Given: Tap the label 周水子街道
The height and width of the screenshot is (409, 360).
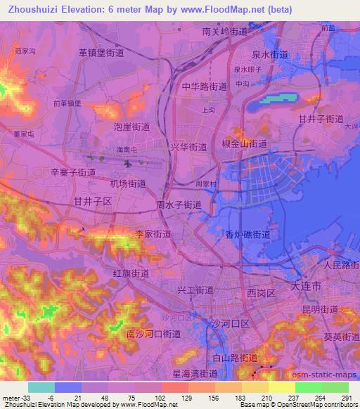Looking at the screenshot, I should tap(179, 205).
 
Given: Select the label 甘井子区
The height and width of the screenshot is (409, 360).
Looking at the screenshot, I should tap(93, 201).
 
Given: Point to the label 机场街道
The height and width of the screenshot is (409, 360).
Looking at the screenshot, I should tap(128, 183).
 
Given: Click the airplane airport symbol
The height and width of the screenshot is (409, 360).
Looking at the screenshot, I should tap(128, 164).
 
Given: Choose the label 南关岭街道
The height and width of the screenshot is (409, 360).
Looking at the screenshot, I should tap(224, 32).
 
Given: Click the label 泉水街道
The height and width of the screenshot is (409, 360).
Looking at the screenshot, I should tap(269, 54).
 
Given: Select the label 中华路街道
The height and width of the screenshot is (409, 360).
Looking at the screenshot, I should tap(204, 87).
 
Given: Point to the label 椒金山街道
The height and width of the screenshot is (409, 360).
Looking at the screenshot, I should tap(244, 143).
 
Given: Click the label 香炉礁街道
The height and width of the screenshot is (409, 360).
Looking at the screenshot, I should tap(247, 235).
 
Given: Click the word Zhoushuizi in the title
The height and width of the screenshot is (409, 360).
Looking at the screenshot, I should tap(31, 9).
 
